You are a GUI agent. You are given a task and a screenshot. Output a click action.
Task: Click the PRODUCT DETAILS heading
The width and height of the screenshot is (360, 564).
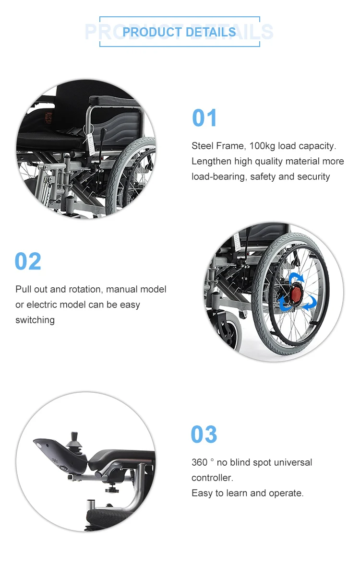click(x=179, y=32)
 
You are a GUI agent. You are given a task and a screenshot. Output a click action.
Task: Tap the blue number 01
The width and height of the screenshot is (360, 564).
click(x=204, y=118)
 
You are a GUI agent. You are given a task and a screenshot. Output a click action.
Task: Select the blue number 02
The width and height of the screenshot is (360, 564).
click(x=28, y=261)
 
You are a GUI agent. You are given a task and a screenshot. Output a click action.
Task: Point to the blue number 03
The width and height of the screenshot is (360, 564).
click(x=204, y=435)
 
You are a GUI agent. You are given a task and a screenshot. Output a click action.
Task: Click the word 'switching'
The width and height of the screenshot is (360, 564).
click(x=35, y=320)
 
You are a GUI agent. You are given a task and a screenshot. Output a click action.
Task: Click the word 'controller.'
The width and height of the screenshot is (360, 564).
click(x=212, y=478)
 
